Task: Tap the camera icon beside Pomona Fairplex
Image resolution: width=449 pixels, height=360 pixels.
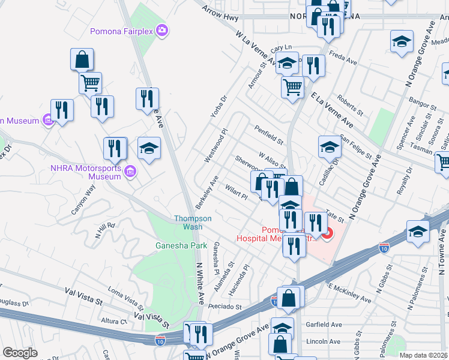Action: coord(161,30)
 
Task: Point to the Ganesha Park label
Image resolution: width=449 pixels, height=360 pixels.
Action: coord(181,245)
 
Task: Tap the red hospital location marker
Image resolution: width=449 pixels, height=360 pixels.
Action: coord(327,234)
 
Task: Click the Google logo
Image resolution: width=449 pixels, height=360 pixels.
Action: coord(20,353)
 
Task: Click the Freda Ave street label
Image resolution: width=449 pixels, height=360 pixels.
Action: coord(344,61)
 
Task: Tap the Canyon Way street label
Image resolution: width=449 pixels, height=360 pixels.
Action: coord(83,197)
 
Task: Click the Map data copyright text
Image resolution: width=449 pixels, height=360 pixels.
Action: coord(423,355)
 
